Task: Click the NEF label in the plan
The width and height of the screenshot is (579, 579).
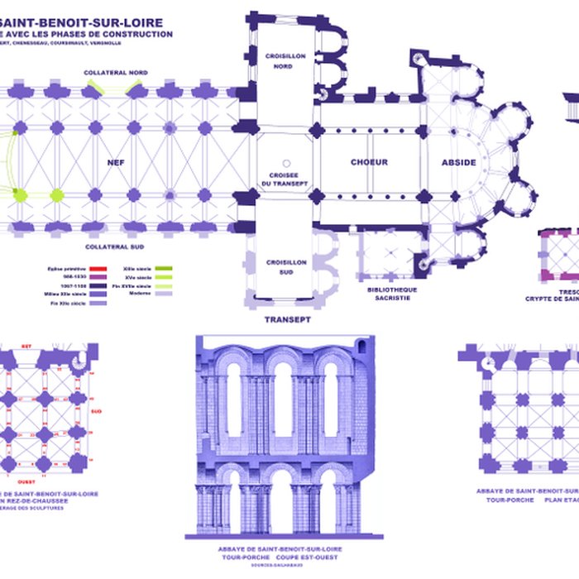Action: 116,163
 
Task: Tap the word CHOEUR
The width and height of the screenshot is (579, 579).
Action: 369,162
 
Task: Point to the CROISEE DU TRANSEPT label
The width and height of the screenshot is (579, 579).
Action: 284,179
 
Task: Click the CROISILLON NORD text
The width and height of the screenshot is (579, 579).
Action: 284,61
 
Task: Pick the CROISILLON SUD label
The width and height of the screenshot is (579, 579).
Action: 284,266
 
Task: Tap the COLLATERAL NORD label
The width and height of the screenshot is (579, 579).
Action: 116,73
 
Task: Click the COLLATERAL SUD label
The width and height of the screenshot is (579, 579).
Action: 115,246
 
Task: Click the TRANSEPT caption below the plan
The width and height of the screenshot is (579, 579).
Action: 287,319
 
